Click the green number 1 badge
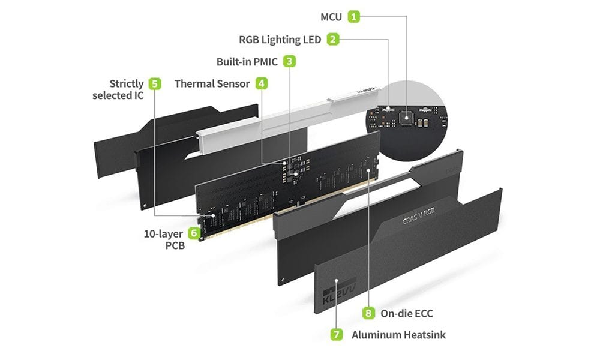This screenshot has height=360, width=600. [x=355, y=16]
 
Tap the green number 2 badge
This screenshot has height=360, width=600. [x=334, y=40]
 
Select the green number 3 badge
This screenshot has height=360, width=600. [x=290, y=61]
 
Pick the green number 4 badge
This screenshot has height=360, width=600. [x=262, y=83]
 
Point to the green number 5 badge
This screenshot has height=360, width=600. [x=155, y=83]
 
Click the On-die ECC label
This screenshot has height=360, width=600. [x=406, y=313]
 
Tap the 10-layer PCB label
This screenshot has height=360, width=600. [x=165, y=239]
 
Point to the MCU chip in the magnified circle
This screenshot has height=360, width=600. [x=406, y=117]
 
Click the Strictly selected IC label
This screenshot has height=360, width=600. [x=118, y=89]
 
